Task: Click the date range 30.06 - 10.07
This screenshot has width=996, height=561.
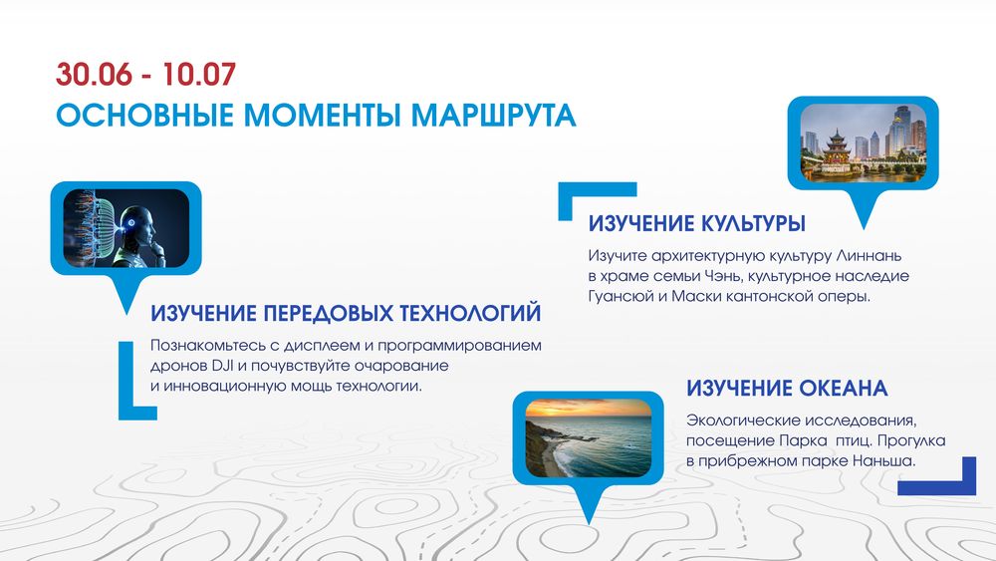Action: click(145, 75)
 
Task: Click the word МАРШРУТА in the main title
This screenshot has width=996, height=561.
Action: click(493, 115)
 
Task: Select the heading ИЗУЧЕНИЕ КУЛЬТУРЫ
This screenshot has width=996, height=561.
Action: click(697, 223)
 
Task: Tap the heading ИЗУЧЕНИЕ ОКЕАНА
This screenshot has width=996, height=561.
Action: click(787, 389)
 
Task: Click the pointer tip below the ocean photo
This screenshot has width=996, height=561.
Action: click(589, 523)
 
